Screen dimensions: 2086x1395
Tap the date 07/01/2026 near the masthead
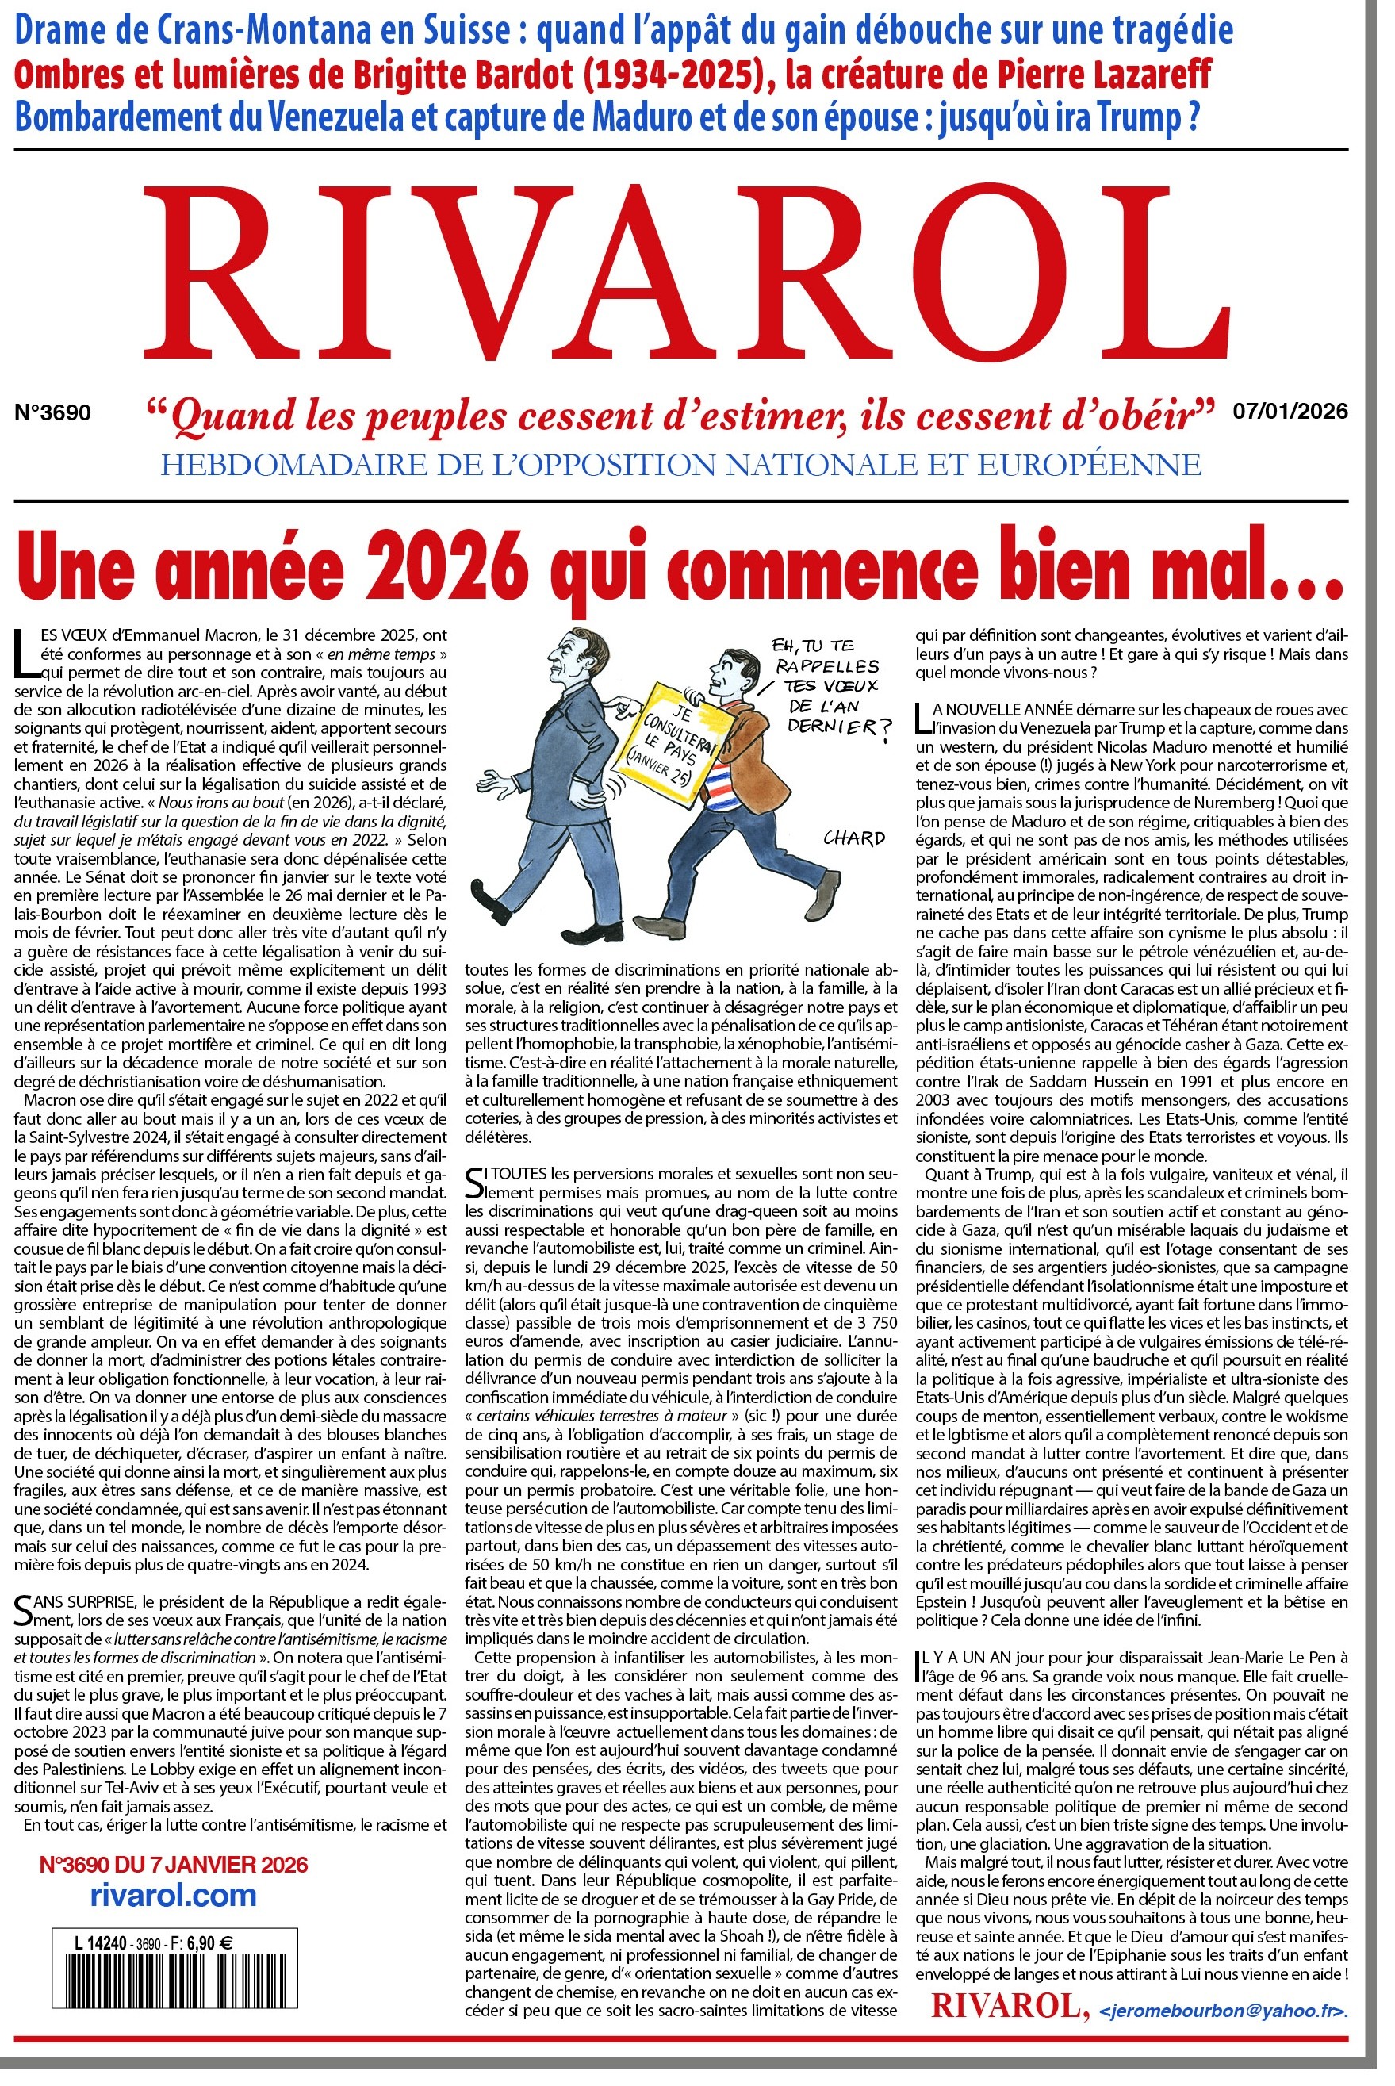tap(1290, 411)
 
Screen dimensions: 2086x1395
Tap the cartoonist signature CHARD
tap(853, 837)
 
